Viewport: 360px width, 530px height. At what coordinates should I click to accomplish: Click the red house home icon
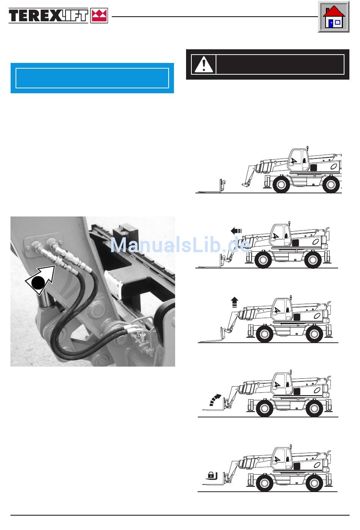point(333,17)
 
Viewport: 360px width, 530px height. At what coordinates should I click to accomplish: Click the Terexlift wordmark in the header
point(49,16)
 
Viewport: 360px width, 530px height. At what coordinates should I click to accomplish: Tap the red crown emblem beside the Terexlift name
point(99,16)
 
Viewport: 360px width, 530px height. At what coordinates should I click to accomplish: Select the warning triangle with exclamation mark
point(203,64)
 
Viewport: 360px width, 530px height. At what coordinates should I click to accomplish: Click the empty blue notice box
point(92,78)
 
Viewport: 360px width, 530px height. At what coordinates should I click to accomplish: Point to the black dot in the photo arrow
point(38,283)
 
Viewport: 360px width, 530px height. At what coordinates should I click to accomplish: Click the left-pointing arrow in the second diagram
point(236,231)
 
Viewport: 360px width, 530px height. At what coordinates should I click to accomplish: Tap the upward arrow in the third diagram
point(235,302)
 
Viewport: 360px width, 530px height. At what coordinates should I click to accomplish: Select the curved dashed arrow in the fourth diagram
point(215,400)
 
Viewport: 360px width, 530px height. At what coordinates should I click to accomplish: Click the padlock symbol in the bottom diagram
point(211,475)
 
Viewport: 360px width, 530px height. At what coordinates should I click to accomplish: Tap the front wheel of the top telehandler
point(281,185)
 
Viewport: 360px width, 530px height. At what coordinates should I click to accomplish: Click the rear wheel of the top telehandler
point(331,185)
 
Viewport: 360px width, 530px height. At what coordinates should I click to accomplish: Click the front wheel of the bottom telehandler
point(265,483)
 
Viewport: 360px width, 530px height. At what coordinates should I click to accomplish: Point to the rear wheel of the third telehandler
point(314,334)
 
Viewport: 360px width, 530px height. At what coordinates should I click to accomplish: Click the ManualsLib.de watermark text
point(180,245)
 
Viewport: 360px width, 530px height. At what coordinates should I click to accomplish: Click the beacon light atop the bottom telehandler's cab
point(291,446)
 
